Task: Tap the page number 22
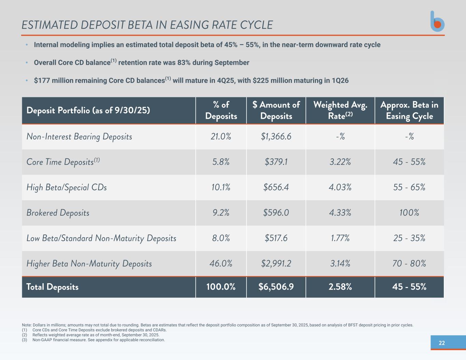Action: point(441,343)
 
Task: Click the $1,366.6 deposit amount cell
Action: point(276,136)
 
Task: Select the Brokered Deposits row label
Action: point(58,213)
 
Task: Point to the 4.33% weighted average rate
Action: point(340,213)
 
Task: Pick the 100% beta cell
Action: point(409,213)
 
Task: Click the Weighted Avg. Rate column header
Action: point(340,110)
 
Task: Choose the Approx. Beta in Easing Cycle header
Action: point(409,110)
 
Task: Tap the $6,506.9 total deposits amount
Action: point(276,287)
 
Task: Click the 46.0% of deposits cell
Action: point(221,263)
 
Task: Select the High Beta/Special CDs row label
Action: point(67,187)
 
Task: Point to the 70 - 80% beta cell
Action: point(409,263)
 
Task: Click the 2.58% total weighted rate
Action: point(340,287)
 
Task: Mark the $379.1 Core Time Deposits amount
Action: point(276,162)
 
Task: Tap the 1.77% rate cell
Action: point(340,238)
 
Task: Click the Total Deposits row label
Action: point(52,287)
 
